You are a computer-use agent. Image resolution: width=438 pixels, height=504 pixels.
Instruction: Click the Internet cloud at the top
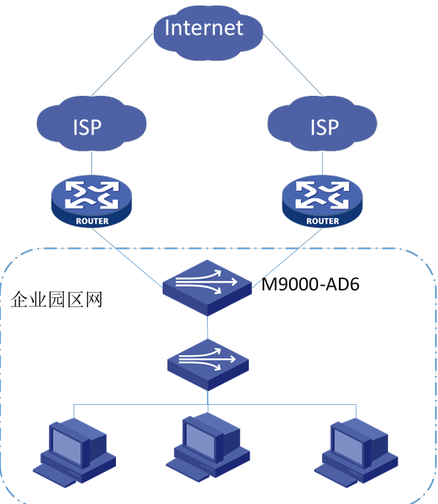[208, 33]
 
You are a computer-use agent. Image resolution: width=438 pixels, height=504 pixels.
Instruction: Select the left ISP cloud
[92, 123]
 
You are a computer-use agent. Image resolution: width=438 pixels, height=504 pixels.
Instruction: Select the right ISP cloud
[322, 123]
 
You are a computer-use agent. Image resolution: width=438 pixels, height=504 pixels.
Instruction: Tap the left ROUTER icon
[92, 201]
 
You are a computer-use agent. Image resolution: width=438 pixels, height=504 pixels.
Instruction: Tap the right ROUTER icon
[322, 201]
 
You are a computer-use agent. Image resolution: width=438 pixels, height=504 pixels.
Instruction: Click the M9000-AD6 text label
[311, 284]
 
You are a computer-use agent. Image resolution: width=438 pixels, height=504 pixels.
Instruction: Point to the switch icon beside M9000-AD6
[207, 287]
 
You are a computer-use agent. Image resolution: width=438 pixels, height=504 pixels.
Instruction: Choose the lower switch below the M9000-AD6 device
[208, 365]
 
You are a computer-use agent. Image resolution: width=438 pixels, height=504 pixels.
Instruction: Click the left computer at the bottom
[74, 452]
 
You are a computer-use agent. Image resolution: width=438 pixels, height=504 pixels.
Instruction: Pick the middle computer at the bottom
[208, 448]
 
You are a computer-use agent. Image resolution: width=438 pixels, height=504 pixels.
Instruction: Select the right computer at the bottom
[356, 452]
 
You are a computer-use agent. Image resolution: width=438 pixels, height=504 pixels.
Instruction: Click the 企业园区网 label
[56, 300]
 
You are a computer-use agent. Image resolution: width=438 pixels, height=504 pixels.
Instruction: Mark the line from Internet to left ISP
[122, 64]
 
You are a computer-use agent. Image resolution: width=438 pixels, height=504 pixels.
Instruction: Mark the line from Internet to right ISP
[293, 64]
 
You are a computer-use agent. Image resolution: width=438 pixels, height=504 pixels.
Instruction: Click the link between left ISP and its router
[92, 163]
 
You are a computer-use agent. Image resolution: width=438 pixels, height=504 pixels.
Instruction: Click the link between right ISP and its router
[322, 163]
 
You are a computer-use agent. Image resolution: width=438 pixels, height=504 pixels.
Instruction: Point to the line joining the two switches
[208, 328]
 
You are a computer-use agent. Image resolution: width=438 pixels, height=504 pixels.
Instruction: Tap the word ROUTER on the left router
[93, 221]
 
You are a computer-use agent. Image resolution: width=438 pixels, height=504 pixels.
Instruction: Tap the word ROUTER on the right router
[323, 221]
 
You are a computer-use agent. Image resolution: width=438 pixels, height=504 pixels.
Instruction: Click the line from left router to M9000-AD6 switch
[127, 258]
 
